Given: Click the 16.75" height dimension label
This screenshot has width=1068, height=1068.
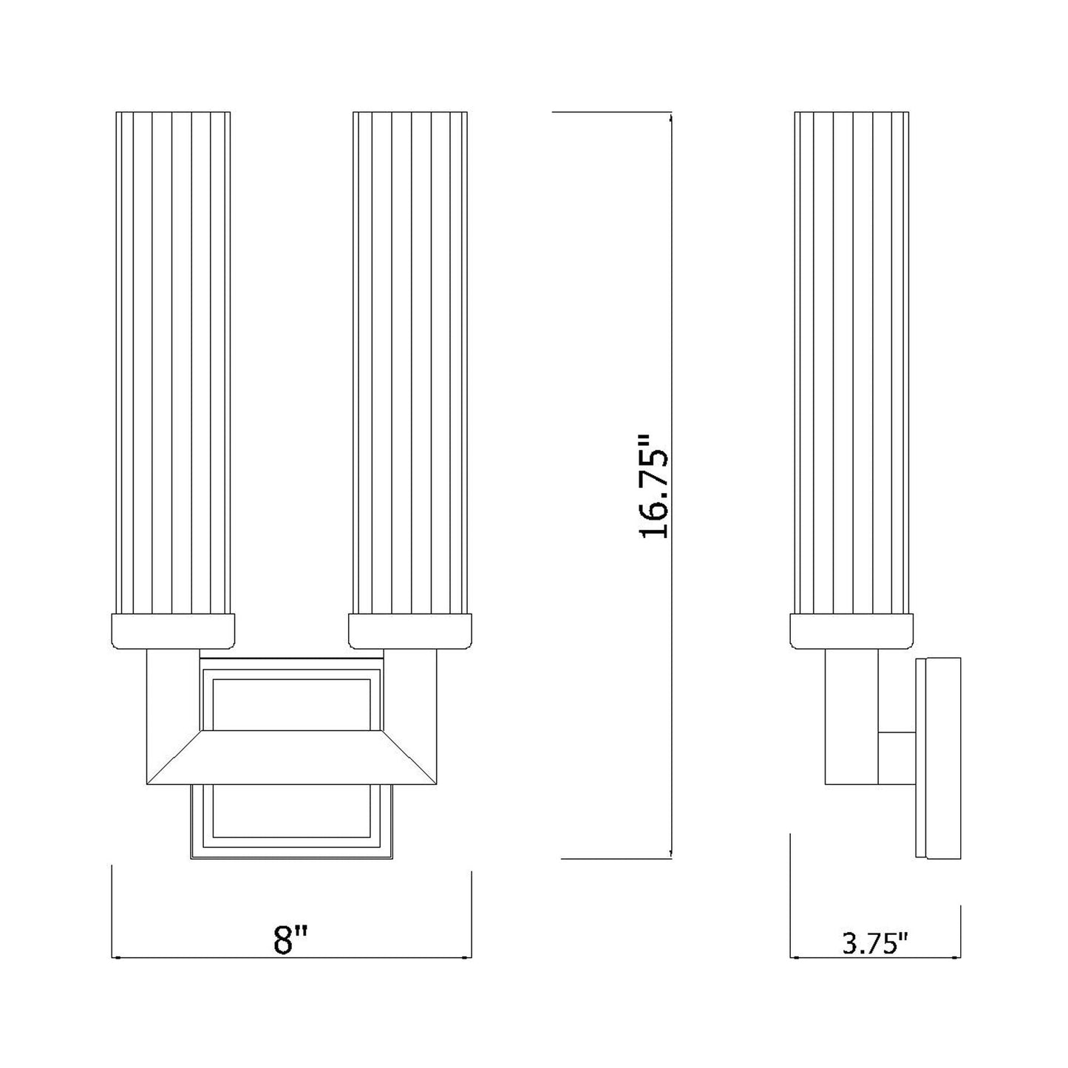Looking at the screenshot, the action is tap(654, 486).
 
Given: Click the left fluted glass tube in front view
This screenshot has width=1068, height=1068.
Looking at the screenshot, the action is tap(174, 363).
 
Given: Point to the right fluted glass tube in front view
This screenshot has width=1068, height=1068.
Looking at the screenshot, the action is tap(410, 363).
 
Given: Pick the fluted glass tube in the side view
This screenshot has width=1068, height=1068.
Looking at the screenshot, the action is tap(851, 363).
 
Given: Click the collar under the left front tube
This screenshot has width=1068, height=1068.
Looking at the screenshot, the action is tap(174, 631).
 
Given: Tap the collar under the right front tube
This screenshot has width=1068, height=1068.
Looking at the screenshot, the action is tap(410, 631).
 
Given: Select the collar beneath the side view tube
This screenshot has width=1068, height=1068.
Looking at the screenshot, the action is tap(851, 631).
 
